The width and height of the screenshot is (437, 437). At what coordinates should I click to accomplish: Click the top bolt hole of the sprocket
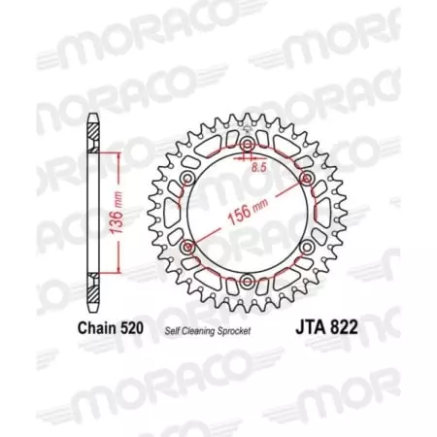(247, 146)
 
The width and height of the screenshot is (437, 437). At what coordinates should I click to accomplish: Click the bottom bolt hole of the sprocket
(247, 283)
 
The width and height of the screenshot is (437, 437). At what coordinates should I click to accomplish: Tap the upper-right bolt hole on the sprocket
(306, 180)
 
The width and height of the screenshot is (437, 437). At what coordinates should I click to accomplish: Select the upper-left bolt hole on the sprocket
(187, 180)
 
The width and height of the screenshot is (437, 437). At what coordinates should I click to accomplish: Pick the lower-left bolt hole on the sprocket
(187, 249)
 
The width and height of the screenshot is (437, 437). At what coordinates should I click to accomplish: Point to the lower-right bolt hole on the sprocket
(306, 249)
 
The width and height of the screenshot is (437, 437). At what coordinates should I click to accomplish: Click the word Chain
(95, 328)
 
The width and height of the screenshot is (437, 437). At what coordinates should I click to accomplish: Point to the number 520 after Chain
(131, 328)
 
